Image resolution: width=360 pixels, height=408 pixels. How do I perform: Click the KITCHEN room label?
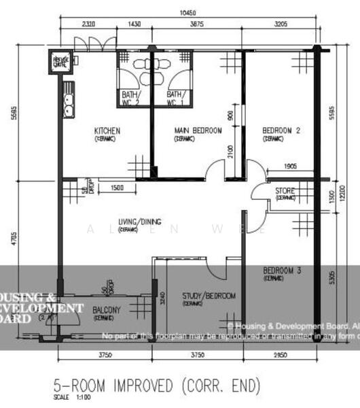pyautogui.click(x=107, y=131)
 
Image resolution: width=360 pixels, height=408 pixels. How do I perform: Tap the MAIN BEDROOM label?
pyautogui.click(x=198, y=131)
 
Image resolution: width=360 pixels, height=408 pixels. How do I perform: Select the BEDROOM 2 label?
pyautogui.click(x=281, y=131)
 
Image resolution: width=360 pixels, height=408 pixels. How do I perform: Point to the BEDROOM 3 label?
pyautogui.click(x=282, y=271)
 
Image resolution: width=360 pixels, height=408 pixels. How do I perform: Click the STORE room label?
pyautogui.click(x=285, y=191)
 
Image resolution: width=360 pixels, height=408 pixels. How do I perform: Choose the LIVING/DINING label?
pyautogui.click(x=140, y=222)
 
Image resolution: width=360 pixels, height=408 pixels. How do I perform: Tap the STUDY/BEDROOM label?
pyautogui.click(x=209, y=296)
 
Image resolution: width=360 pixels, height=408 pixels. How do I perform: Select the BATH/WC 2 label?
pyautogui.click(x=130, y=98)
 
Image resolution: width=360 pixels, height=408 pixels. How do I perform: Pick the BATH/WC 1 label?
pyautogui.click(x=175, y=98)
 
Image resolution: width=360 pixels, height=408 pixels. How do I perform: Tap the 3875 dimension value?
pyautogui.click(x=197, y=24)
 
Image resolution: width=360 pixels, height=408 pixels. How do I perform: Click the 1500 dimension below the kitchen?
pyautogui.click(x=116, y=188)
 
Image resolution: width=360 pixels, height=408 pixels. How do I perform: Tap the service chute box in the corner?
pyautogui.click(x=61, y=63)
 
